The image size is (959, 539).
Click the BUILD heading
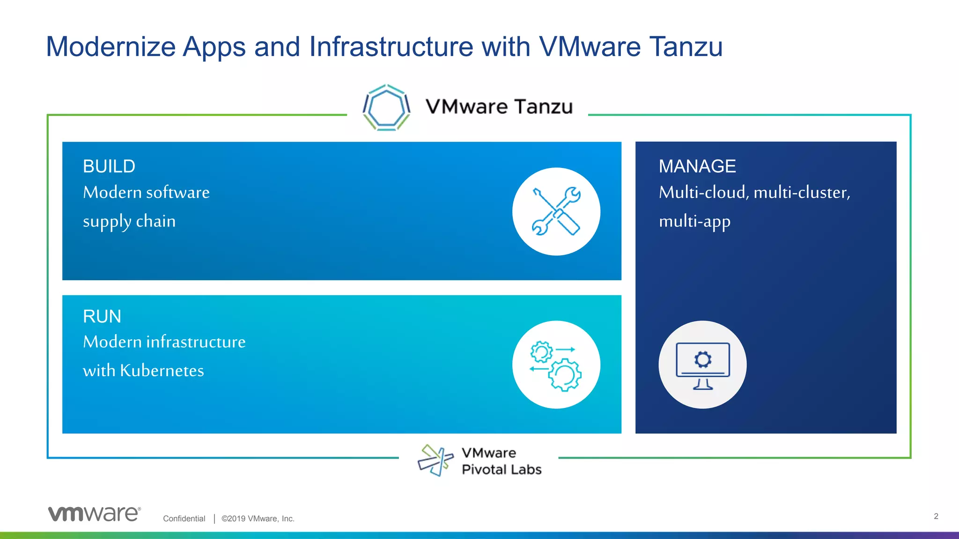(109, 167)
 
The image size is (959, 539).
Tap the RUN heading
(102, 317)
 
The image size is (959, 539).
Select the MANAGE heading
(697, 167)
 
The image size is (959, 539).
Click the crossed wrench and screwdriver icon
(556, 211)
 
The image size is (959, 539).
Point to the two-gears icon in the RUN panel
(556, 364)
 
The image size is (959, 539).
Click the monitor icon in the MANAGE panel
(702, 364)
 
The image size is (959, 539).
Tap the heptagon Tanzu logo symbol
(386, 108)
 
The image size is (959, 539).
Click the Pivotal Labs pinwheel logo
(435, 460)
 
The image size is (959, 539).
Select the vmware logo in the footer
(94, 514)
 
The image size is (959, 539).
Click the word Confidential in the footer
(184, 518)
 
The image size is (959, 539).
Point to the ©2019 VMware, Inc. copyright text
(258, 518)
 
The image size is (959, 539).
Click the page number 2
(936, 516)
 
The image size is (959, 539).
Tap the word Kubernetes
(162, 371)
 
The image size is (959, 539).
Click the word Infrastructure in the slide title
(391, 47)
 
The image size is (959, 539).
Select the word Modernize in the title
(111, 47)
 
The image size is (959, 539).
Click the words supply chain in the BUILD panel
(129, 221)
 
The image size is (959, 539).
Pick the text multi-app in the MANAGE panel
(694, 221)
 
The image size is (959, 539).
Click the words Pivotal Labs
(502, 469)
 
